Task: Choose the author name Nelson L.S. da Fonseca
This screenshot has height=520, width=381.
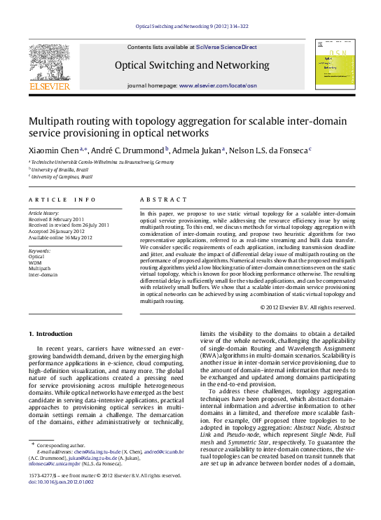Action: tap(270, 150)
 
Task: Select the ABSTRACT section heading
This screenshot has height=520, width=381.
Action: tap(160, 199)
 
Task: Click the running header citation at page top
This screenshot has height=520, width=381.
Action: tap(190, 27)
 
